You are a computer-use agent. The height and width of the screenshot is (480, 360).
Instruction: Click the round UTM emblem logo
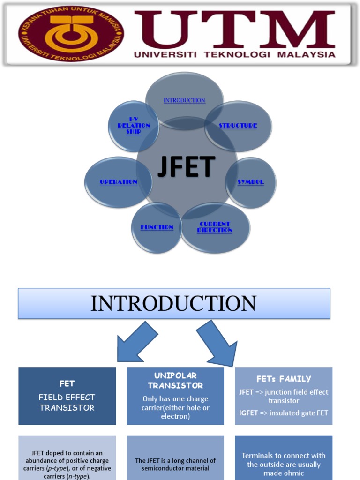pyautogui.click(x=71, y=34)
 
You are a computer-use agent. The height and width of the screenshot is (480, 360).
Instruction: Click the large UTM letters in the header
pyautogui.click(x=234, y=29)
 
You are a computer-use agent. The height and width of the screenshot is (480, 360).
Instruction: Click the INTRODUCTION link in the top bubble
pyautogui.click(x=184, y=100)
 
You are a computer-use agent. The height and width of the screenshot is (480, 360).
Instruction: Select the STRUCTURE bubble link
pyautogui.click(x=238, y=126)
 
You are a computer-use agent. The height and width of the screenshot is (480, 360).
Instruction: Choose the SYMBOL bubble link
pyautogui.click(x=250, y=182)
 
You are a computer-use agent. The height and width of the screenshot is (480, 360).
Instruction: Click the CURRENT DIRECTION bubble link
pyautogui.click(x=215, y=227)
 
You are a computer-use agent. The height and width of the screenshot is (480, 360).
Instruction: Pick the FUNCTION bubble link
pyautogui.click(x=157, y=227)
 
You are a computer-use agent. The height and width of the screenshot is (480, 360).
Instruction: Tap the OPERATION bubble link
pyautogui.click(x=119, y=182)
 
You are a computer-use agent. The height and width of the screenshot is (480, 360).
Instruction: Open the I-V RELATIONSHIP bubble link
pyautogui.click(x=134, y=126)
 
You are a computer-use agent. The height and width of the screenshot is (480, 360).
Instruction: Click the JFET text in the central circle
pyautogui.click(x=187, y=168)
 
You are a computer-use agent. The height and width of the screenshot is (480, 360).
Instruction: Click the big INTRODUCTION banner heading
pyautogui.click(x=173, y=304)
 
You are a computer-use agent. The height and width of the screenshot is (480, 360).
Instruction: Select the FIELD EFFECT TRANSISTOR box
pyautogui.click(x=67, y=396)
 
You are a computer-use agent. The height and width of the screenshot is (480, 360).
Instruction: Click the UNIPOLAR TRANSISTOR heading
pyautogui.click(x=175, y=381)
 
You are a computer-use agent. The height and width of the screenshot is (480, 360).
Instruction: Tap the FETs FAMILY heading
pyautogui.click(x=284, y=379)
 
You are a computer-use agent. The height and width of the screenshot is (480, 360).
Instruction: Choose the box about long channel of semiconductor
pyautogui.click(x=175, y=464)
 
